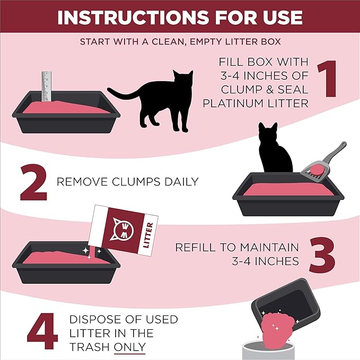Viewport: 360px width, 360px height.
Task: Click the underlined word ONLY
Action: click(130, 347)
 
